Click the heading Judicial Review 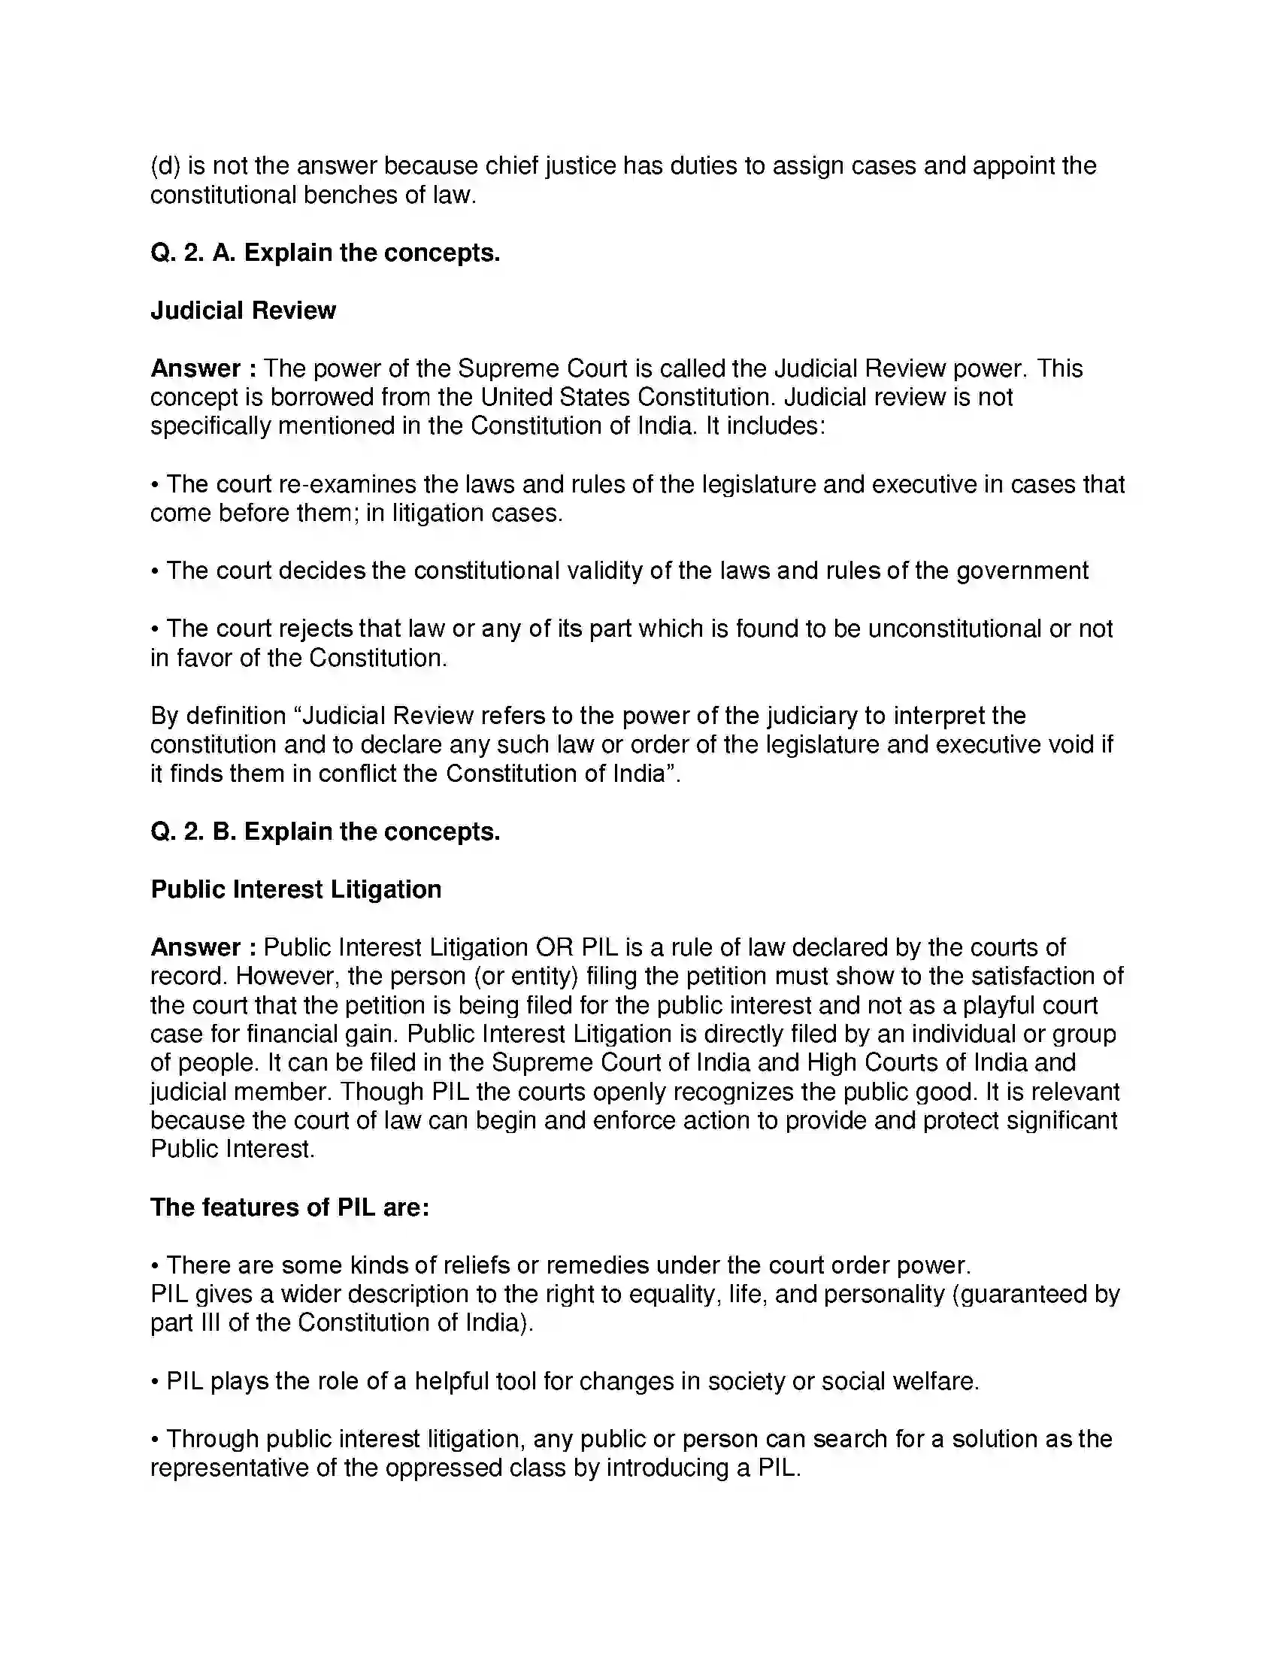click(243, 311)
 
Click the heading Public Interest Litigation click(296, 889)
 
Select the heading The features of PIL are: click(290, 1207)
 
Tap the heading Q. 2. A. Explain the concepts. click(326, 252)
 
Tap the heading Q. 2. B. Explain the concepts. click(326, 832)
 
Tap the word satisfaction click(1028, 976)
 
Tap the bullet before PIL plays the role click(154, 1382)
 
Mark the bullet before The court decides click(154, 571)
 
